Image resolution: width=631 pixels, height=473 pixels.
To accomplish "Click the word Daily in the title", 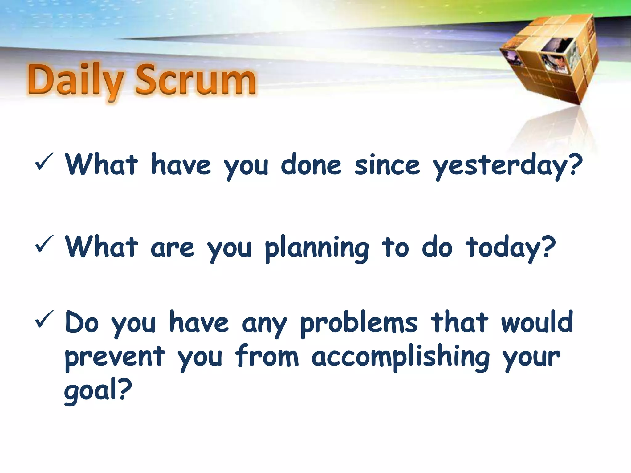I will (x=75, y=81).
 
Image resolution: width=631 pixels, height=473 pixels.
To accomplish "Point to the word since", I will (x=387, y=165).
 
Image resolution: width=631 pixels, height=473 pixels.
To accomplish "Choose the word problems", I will (x=359, y=323).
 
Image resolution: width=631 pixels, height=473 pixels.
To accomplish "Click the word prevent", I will (x=115, y=357).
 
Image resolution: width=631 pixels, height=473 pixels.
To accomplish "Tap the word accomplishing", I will (x=401, y=357).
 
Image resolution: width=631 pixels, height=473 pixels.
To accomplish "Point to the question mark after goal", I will (x=125, y=389).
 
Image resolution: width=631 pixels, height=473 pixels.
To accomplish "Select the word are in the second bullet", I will (x=173, y=248).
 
